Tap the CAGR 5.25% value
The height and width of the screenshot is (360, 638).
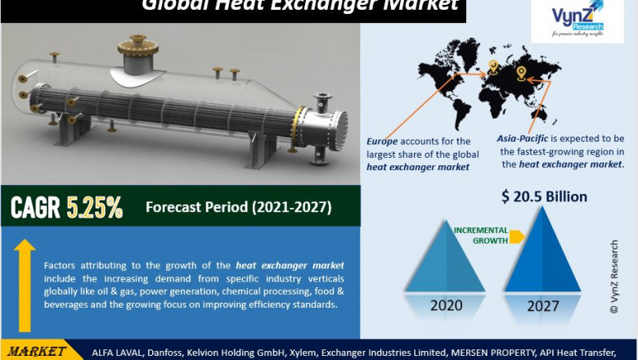[x=66, y=208]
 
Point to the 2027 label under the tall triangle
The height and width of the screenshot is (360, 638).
[x=543, y=306]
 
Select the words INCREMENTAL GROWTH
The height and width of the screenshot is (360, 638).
[x=481, y=236]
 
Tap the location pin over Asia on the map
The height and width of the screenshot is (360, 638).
[x=521, y=73]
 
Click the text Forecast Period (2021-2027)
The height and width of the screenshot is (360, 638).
[x=238, y=208]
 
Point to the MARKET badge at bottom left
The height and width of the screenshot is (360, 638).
[x=36, y=351]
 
